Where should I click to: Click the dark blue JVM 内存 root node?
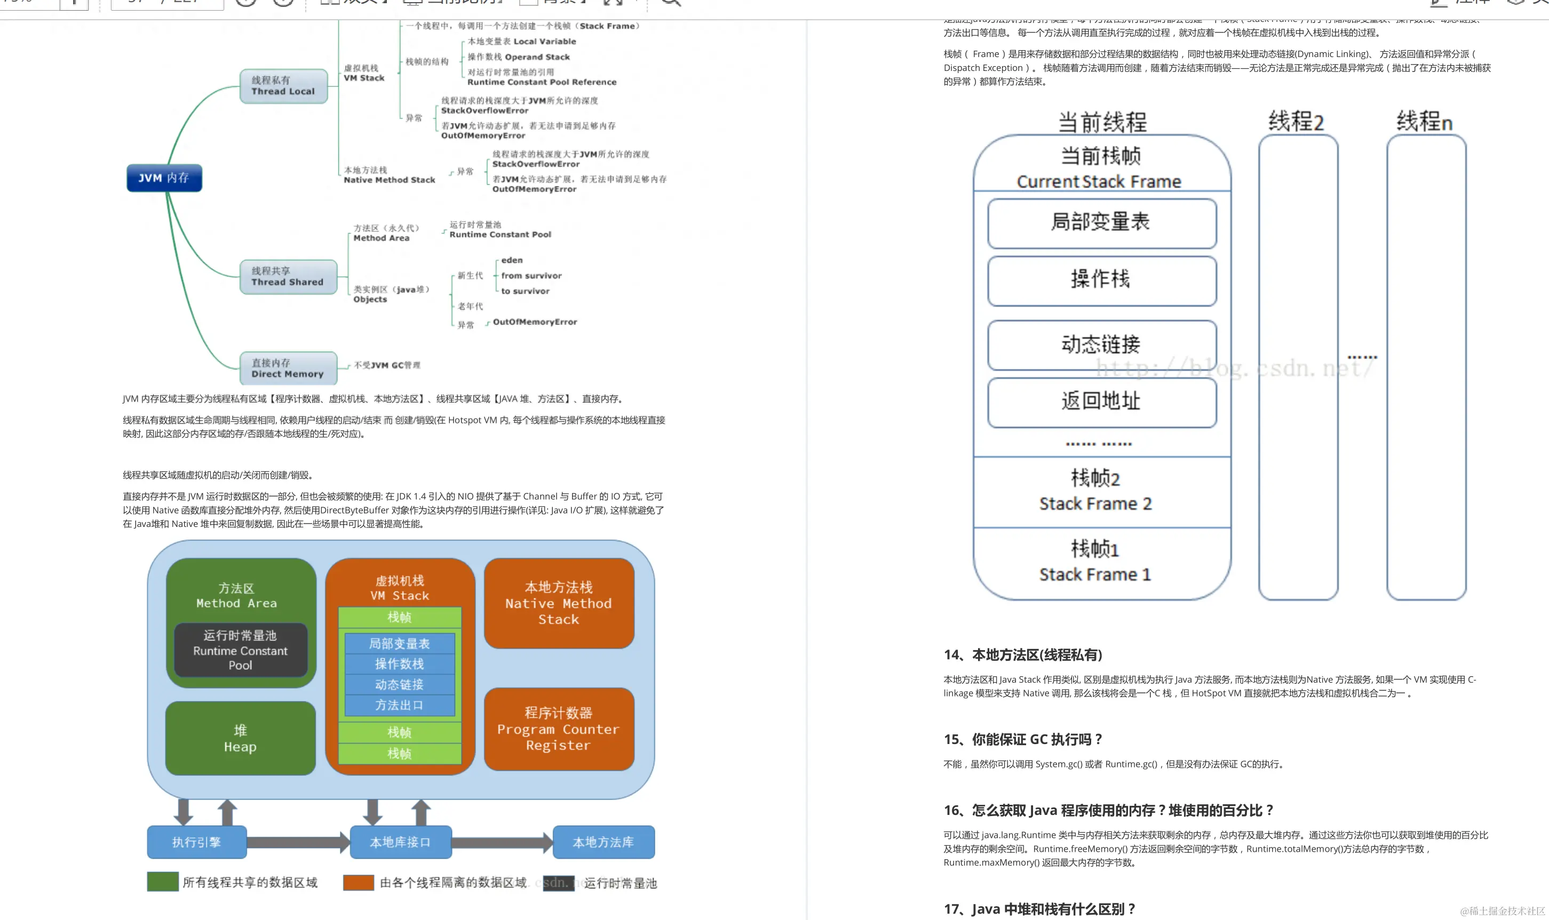pyautogui.click(x=164, y=178)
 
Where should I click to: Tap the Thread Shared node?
pyautogui.click(x=288, y=276)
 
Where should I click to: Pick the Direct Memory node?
pyautogui.click(x=288, y=368)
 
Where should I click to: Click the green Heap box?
pyautogui.click(x=240, y=738)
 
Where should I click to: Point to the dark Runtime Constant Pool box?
pyautogui.click(x=241, y=650)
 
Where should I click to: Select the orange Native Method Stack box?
pyautogui.click(x=558, y=603)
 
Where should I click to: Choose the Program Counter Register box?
pyautogui.click(x=558, y=729)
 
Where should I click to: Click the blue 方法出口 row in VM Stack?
pyautogui.click(x=399, y=706)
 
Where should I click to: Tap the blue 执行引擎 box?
pyautogui.click(x=196, y=842)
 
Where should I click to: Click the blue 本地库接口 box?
pyautogui.click(x=400, y=842)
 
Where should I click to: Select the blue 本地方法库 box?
pyautogui.click(x=603, y=842)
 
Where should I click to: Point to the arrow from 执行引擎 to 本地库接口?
pyautogui.click(x=298, y=842)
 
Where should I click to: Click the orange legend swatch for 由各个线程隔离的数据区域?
pyautogui.click(x=359, y=882)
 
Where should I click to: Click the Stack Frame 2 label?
pyautogui.click(x=1095, y=503)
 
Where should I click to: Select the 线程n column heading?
pyautogui.click(x=1424, y=122)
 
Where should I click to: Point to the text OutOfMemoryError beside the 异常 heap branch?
pyautogui.click(x=535, y=322)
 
